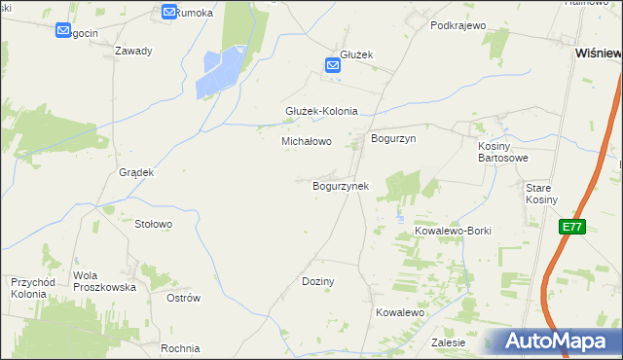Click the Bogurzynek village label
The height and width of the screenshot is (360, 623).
340,185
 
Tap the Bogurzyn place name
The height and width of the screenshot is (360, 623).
393,139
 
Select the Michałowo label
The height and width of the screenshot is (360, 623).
307,141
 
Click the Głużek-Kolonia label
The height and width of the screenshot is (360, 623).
321,111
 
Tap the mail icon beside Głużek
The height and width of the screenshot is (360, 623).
332,66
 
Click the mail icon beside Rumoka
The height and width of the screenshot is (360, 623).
169,12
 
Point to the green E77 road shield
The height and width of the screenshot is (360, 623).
572,227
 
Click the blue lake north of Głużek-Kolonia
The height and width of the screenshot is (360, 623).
221,74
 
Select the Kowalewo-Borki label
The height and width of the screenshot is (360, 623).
454,231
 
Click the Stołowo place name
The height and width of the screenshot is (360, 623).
153,224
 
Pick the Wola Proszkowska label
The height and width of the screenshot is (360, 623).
105,281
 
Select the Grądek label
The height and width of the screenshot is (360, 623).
136,172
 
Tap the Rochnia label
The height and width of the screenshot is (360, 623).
181,348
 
